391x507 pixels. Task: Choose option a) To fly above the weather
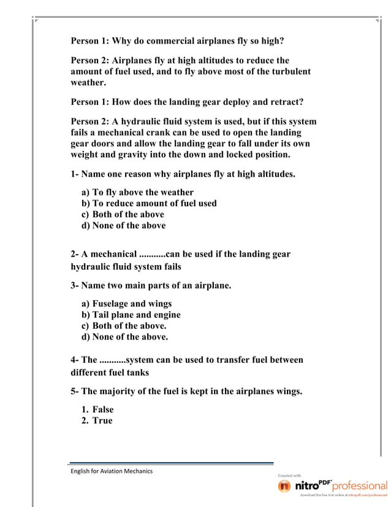142,192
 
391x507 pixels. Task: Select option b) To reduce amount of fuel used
154,203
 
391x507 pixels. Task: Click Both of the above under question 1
128,214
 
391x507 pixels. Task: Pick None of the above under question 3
130,336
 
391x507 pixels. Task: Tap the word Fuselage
113,303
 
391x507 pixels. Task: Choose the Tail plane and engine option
136,314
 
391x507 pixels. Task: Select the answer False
103,409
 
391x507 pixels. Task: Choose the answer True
102,420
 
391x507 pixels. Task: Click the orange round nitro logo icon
284,486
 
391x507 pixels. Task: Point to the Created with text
289,475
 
